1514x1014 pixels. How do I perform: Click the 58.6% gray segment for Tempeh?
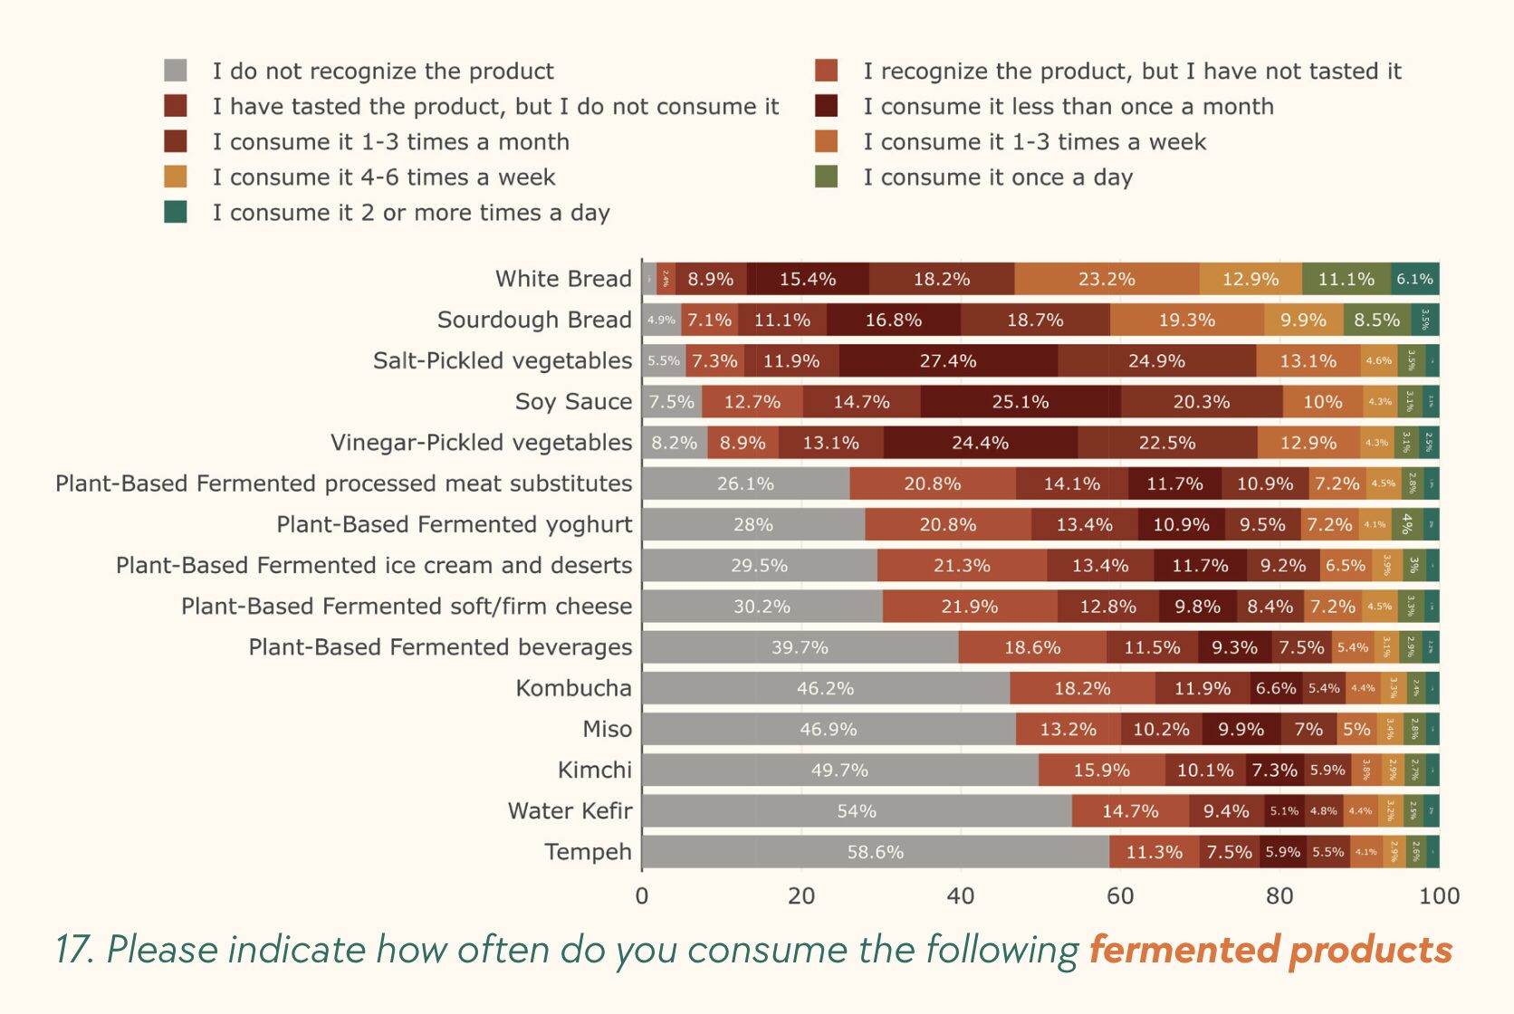pos(875,852)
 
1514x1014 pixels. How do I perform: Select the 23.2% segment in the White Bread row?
pos(1107,279)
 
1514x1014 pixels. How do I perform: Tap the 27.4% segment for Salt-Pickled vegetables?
pos(948,361)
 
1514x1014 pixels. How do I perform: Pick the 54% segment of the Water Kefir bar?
pos(857,811)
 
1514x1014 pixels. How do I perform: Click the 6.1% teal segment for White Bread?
pos(1414,279)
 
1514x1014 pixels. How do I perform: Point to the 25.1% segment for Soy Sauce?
pos(1021,402)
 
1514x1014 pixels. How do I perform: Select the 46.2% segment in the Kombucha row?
pos(825,688)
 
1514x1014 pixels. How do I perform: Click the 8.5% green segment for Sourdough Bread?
pos(1376,320)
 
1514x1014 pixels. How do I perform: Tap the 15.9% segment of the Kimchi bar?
pos(1101,770)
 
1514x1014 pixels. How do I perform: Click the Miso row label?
pos(607,729)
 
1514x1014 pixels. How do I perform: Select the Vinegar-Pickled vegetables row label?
pos(481,443)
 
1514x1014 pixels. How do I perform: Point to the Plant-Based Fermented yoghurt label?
pos(454,524)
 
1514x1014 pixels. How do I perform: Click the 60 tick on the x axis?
pos(1120,896)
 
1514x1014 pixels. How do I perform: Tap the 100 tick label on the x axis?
pos(1439,896)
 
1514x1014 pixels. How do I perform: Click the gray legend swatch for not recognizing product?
pos(176,71)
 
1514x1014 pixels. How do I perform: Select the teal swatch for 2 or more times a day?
pos(176,212)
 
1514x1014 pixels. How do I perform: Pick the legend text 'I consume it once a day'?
pos(998,177)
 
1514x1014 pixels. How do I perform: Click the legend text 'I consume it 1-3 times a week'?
pos(1034,142)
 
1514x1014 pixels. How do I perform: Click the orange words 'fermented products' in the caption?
pos(1270,950)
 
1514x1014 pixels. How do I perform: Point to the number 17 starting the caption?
pos(73,950)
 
